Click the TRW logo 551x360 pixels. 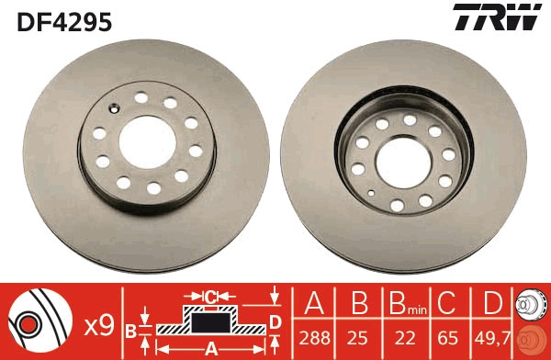click(497, 17)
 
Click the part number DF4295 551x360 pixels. click(64, 22)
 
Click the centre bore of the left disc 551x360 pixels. click(147, 142)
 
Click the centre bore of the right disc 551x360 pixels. click(403, 162)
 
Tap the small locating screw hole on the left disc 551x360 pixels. click(114, 108)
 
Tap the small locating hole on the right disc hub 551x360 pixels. click(371, 193)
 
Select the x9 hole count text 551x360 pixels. click(99, 325)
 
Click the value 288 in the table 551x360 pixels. click(314, 338)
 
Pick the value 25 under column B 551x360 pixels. click(358, 338)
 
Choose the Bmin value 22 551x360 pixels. click(405, 338)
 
